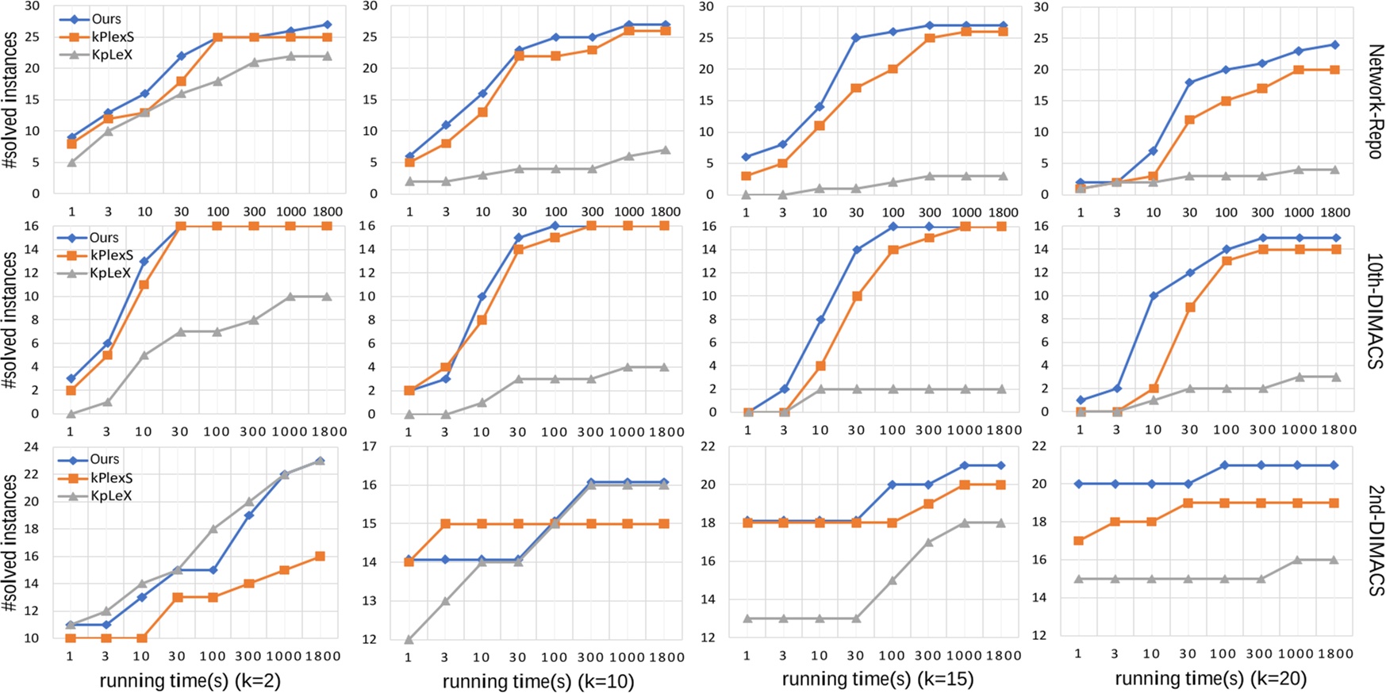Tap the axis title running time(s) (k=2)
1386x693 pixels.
(x=190, y=680)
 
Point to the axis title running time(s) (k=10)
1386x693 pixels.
(x=538, y=680)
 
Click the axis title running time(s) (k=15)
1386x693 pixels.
(x=877, y=679)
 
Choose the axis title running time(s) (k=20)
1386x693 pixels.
(x=1210, y=678)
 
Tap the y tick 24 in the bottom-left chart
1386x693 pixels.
(x=32, y=446)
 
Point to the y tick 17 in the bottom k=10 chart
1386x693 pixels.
(x=369, y=446)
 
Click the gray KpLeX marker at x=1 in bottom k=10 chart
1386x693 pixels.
(x=409, y=639)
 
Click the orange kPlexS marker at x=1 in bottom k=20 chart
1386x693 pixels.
(x=1078, y=541)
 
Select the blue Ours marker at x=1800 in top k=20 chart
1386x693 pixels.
(x=1335, y=44)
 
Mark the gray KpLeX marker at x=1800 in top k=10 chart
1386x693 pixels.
(x=666, y=150)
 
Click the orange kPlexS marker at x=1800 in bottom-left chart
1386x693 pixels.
(x=320, y=557)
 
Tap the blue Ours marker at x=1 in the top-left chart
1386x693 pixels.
(x=71, y=137)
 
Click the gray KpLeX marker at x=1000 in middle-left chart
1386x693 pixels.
(x=290, y=297)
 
